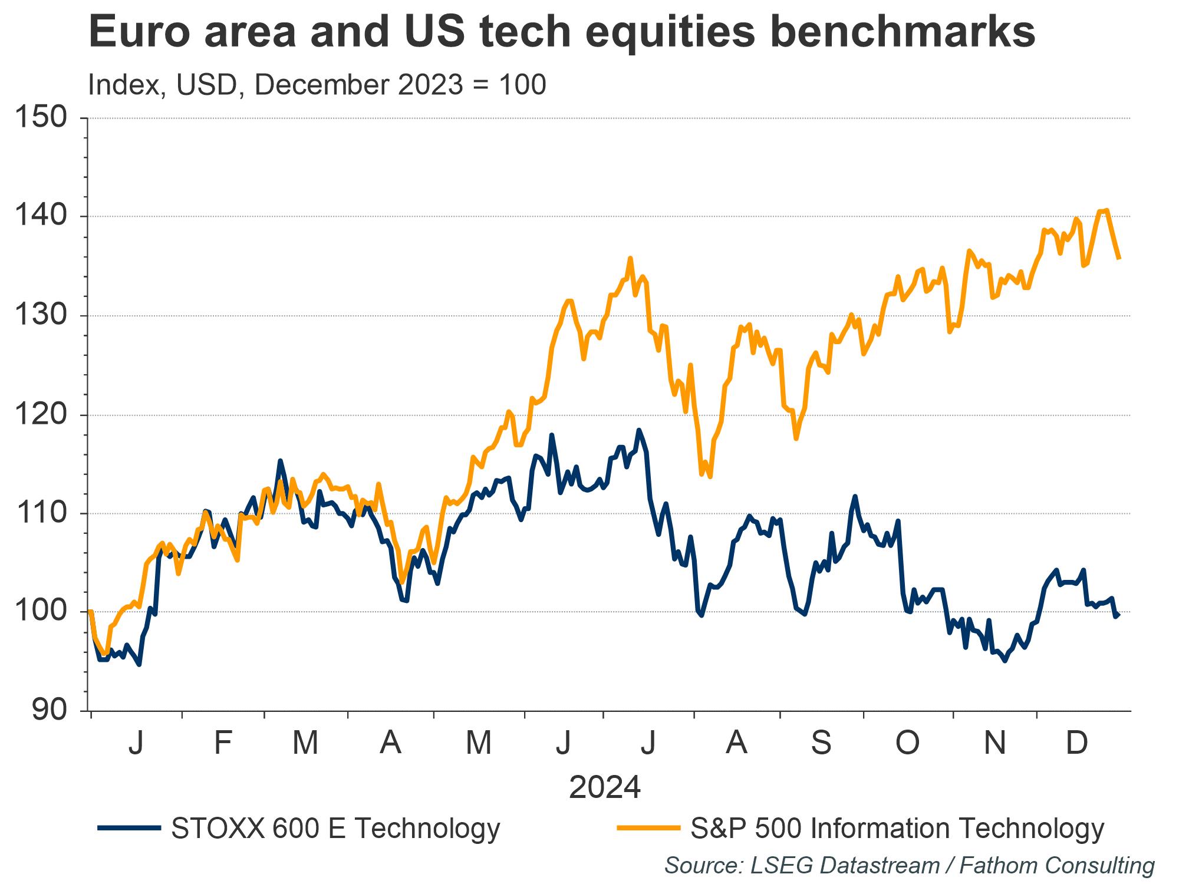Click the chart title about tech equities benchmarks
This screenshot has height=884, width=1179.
[x=561, y=32]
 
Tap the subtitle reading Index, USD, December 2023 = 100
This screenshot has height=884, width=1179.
[x=317, y=85]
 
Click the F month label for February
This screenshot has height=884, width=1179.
[x=222, y=743]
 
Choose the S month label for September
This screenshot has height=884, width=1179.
[x=821, y=743]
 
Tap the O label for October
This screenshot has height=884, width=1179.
[x=907, y=743]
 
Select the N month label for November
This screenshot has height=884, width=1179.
[x=994, y=743]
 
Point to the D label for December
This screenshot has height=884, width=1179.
[x=1077, y=743]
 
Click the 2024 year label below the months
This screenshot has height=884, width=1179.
[x=605, y=788]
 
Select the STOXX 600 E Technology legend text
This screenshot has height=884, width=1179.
[x=335, y=828]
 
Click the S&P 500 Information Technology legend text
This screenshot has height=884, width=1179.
[x=897, y=828]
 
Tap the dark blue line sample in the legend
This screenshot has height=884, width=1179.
[x=129, y=828]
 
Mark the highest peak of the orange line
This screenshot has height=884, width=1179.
[x=1106, y=210]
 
